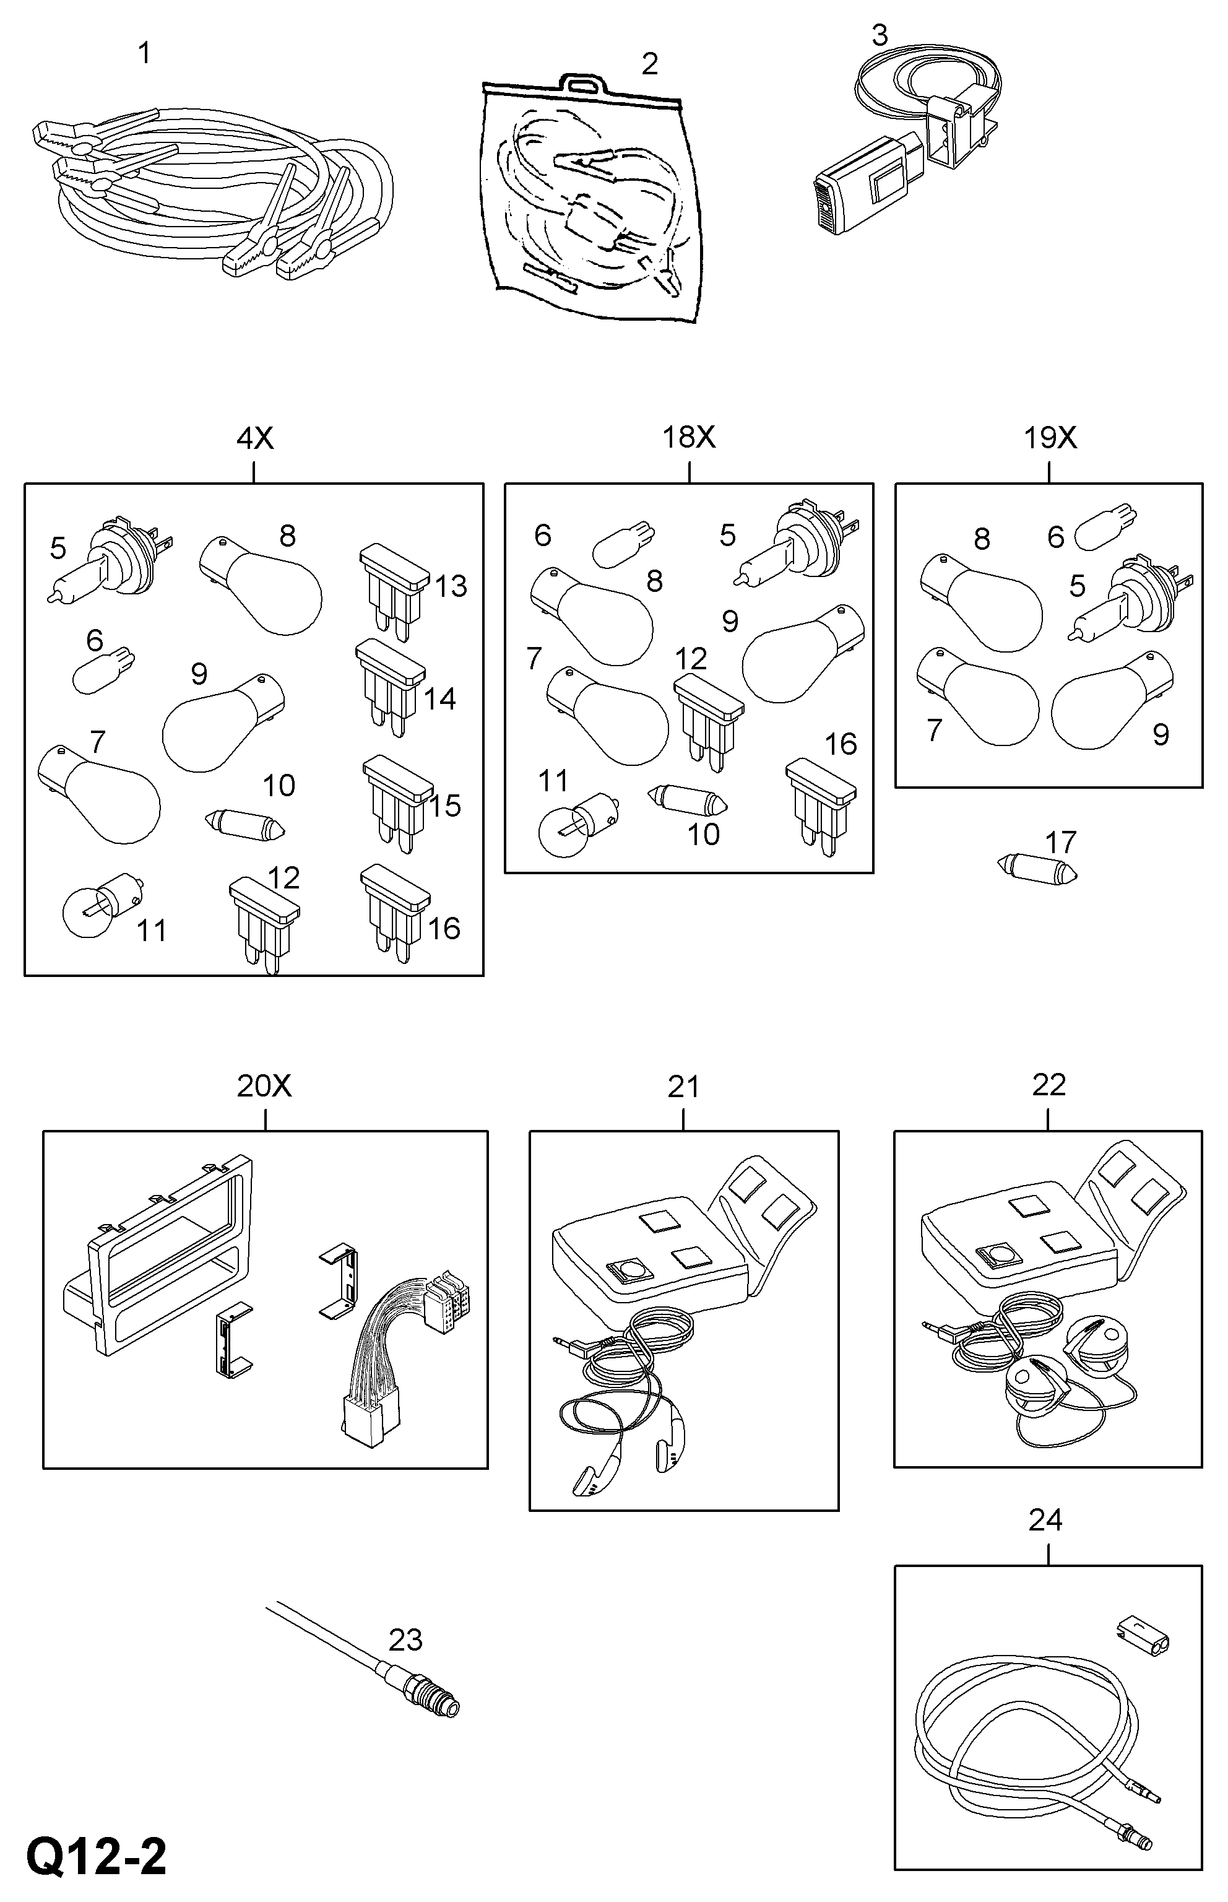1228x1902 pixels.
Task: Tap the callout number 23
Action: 405,1639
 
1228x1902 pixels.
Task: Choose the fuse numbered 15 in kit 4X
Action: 396,801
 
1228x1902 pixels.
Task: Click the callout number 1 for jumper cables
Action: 144,53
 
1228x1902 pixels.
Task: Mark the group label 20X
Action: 264,1085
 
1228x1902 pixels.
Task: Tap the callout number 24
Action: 1045,1520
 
